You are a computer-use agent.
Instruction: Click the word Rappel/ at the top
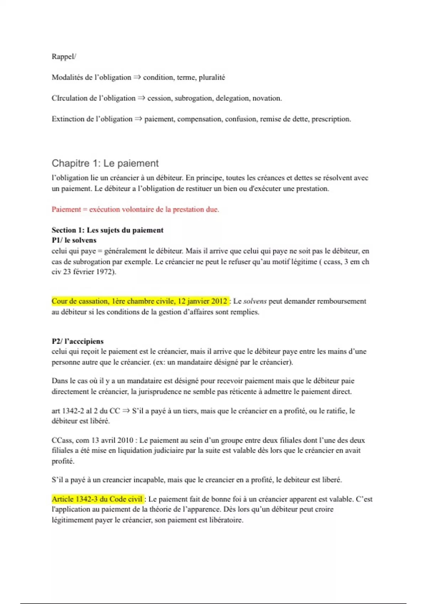click(64, 57)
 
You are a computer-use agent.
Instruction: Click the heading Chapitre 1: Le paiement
click(105, 163)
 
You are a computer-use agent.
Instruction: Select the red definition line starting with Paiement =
click(135, 210)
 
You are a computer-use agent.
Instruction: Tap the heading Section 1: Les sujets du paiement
click(107, 230)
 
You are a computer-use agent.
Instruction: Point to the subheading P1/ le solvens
click(74, 241)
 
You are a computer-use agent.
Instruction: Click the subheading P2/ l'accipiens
click(78, 341)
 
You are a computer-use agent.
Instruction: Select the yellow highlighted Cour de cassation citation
click(139, 301)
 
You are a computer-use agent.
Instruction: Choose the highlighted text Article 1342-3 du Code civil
click(97, 499)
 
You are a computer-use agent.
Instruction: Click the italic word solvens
click(255, 301)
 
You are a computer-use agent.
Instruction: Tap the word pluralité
click(212, 77)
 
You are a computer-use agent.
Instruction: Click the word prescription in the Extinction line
click(331, 119)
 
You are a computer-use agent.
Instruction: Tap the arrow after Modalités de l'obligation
click(137, 77)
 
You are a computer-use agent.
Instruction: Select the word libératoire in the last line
click(225, 520)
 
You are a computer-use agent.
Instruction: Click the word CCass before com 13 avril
click(62, 441)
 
